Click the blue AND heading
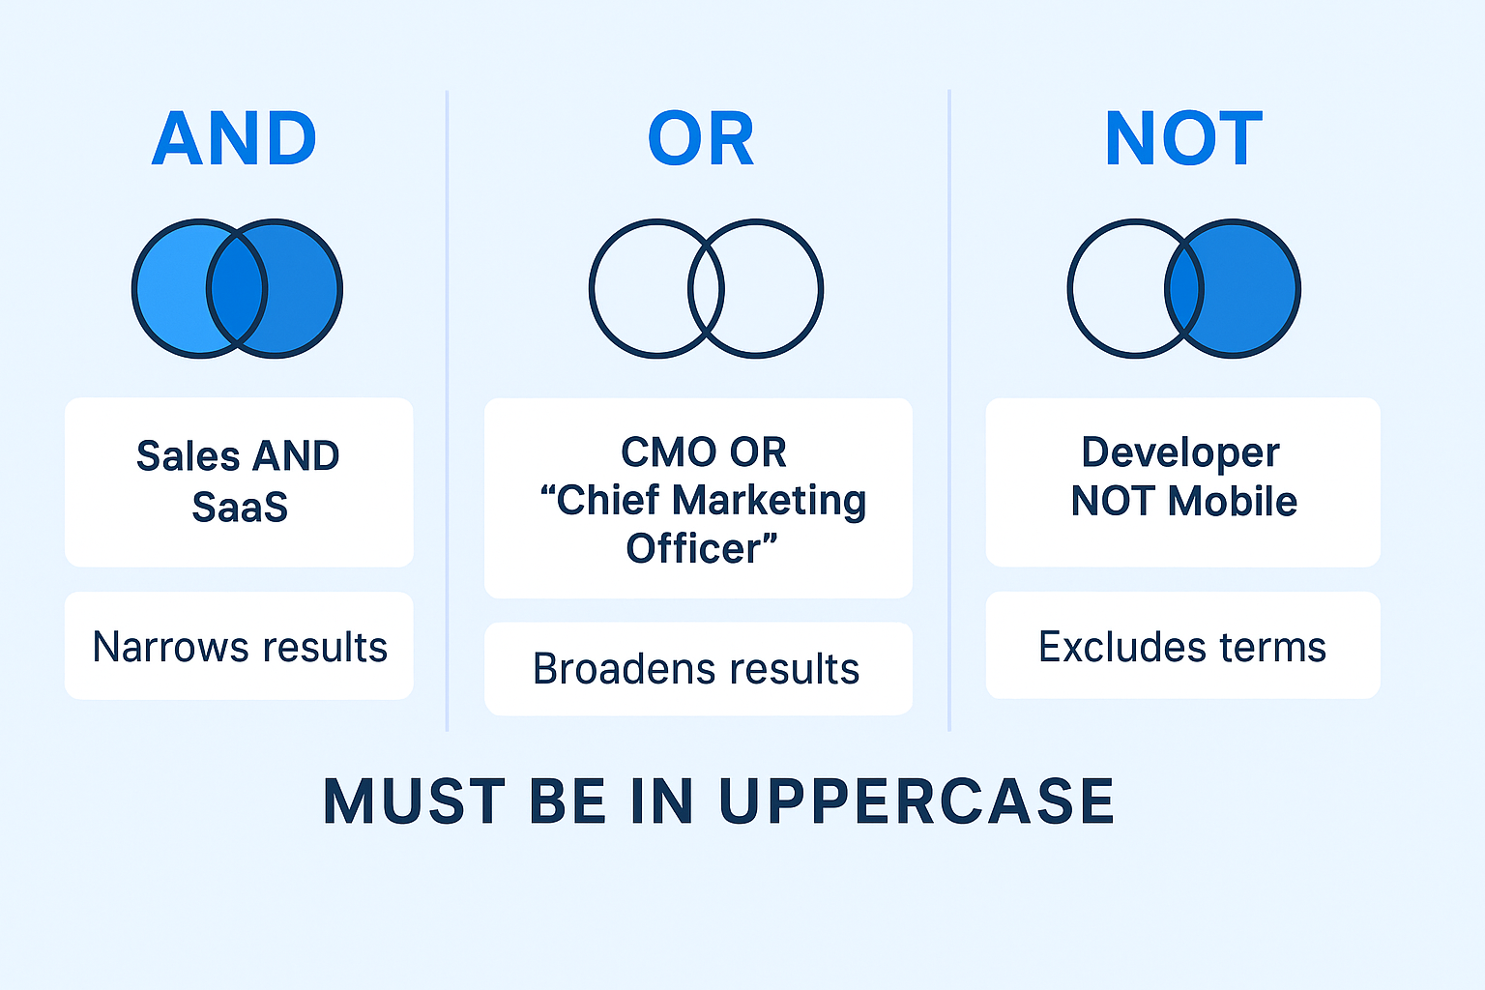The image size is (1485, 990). tap(234, 138)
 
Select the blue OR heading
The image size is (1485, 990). tap(701, 138)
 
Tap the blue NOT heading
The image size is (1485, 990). tap(1183, 138)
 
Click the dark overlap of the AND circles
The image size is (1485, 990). tap(237, 288)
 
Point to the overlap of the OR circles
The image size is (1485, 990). tap(706, 288)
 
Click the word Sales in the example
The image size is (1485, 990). tap(189, 456)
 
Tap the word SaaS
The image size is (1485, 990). tap(240, 508)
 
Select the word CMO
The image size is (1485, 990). tap(670, 452)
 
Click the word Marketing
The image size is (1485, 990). tap(769, 502)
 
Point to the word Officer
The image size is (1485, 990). tap(693, 548)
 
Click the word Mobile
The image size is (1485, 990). tap(1233, 501)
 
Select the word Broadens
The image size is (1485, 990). tap(625, 668)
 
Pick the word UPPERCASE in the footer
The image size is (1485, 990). tap(917, 801)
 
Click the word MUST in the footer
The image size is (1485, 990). tap(415, 801)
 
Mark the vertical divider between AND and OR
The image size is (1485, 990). tap(447, 411)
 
